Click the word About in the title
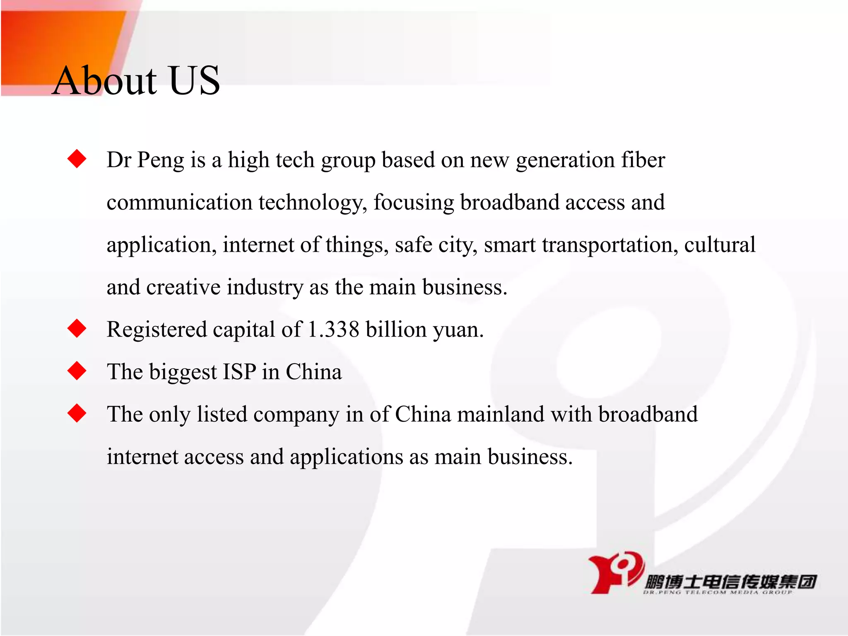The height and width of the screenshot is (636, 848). point(105,81)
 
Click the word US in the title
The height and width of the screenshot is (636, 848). point(194,81)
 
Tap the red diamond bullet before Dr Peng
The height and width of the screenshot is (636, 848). point(77,159)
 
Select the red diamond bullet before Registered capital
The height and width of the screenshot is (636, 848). point(77,329)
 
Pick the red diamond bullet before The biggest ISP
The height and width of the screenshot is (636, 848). point(77,371)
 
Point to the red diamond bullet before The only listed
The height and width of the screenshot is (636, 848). point(77,413)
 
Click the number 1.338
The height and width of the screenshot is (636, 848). point(333,330)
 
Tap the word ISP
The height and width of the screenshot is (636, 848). point(239,372)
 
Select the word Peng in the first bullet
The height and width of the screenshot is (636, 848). point(161,161)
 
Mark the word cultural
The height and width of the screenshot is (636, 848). point(720,245)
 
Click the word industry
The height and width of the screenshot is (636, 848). point(265,287)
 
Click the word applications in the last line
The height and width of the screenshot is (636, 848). point(346,457)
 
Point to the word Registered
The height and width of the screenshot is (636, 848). point(157,330)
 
